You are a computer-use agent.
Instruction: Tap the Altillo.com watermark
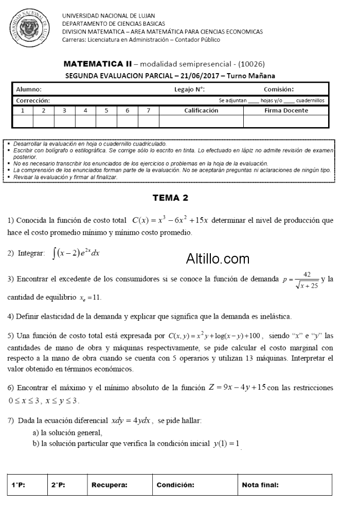coord(218,258)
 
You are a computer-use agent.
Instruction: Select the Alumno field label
coord(29,90)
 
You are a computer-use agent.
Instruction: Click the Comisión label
coord(279,90)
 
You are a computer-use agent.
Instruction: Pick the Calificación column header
coord(201,111)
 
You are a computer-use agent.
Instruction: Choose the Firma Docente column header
coord(286,111)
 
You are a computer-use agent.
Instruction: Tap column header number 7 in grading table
coord(148,111)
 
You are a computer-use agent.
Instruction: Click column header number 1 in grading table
coord(22,111)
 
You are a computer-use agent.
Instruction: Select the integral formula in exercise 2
coord(76,253)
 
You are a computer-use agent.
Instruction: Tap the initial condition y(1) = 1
coord(227,444)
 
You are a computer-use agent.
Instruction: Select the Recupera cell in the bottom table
coord(110,485)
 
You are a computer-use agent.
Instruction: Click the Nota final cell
coord(260,485)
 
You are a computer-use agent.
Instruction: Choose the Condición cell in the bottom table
coord(175,485)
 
